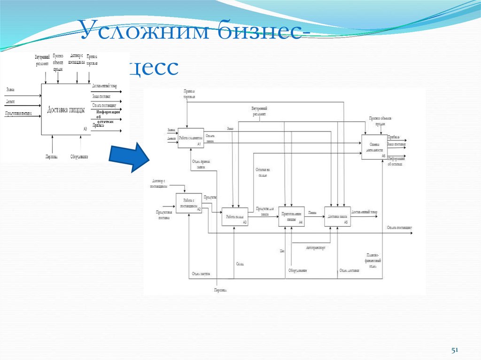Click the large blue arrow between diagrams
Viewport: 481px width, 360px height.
[x=129, y=155]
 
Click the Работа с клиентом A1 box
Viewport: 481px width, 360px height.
[x=190, y=138]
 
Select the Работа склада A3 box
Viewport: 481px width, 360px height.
[x=234, y=216]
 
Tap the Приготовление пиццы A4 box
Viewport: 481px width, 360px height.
[x=291, y=216]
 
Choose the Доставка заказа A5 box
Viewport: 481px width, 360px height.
[x=337, y=216]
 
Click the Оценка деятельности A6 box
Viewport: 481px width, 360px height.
[x=374, y=147]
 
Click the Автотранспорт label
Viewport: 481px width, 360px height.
[x=315, y=247]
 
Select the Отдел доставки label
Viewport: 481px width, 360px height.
[x=349, y=271]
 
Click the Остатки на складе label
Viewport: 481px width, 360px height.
[x=262, y=172]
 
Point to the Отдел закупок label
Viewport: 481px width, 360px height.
[x=201, y=274]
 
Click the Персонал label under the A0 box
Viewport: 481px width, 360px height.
[x=52, y=156]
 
